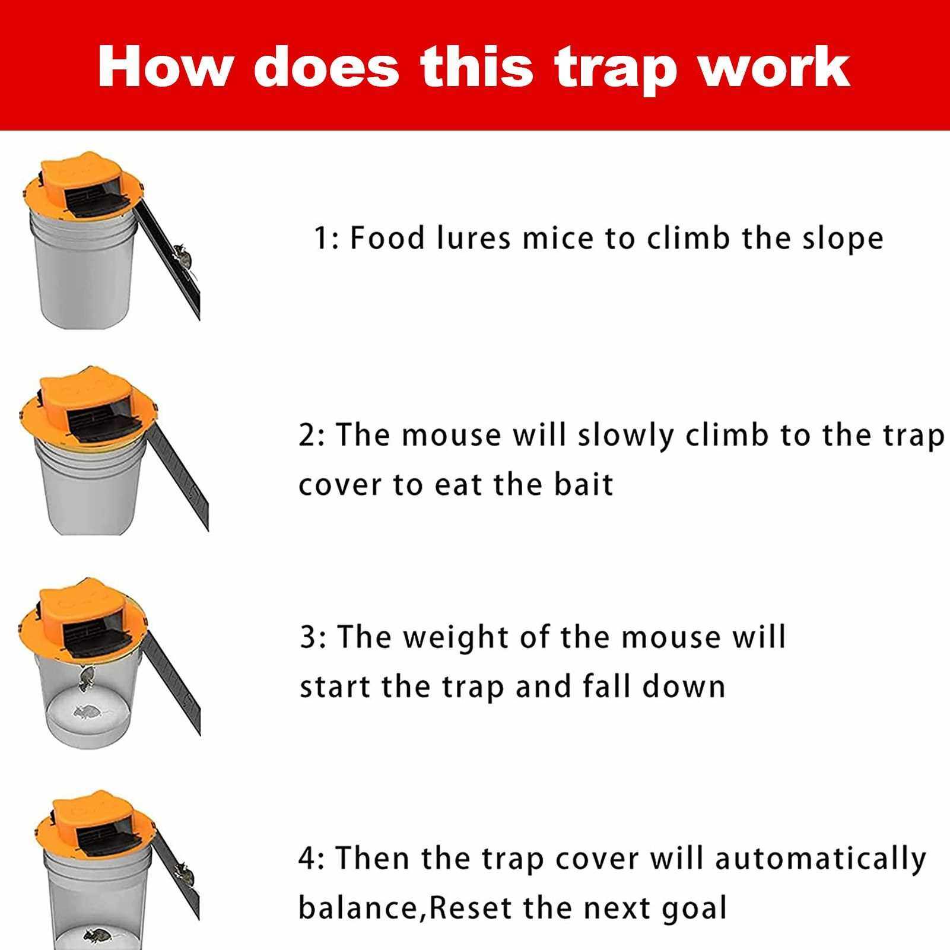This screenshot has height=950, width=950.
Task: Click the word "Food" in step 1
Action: tap(387, 238)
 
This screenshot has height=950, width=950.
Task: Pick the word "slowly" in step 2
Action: tap(627, 436)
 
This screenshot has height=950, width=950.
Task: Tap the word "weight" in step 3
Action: tap(456, 638)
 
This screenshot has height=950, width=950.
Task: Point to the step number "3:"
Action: tap(312, 638)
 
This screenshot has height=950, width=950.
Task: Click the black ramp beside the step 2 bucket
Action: tap(178, 475)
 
